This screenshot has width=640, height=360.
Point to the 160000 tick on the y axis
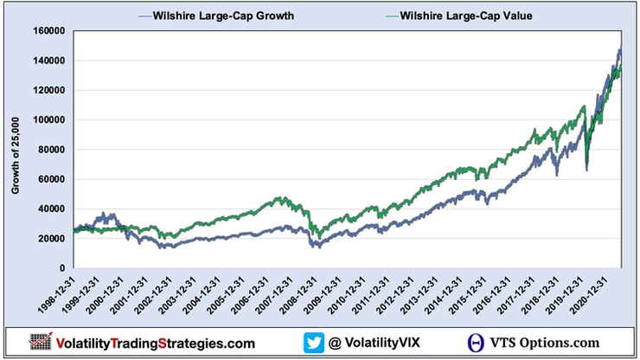click(x=52, y=31)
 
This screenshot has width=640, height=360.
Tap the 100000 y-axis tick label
click(x=52, y=120)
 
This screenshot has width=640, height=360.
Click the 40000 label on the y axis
click(x=54, y=209)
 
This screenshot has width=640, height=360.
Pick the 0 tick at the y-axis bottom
click(x=64, y=268)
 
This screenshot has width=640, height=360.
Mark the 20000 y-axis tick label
click(x=54, y=239)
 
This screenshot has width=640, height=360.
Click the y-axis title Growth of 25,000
click(x=16, y=149)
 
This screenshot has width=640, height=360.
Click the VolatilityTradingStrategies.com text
click(x=156, y=342)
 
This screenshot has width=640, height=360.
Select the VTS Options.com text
click(x=549, y=342)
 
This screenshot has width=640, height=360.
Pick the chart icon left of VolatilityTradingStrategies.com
click(x=41, y=341)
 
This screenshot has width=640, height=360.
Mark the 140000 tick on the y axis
click(x=52, y=61)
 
